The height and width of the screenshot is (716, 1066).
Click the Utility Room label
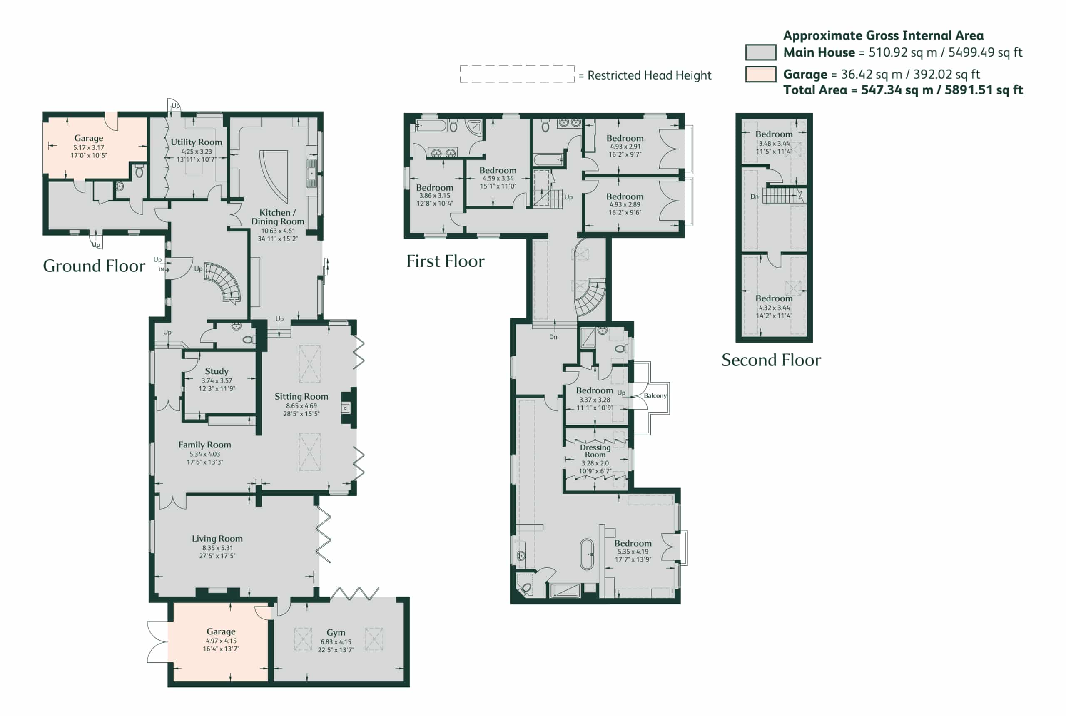(x=197, y=142)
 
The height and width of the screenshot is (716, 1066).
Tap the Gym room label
(x=336, y=633)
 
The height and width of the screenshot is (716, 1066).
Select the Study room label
(x=217, y=371)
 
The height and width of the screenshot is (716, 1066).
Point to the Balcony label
(x=655, y=395)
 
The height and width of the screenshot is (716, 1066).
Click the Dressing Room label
(x=595, y=451)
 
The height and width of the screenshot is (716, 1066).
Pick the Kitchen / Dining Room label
(x=278, y=217)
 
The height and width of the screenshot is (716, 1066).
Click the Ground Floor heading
(x=94, y=266)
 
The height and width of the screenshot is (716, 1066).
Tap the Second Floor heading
(x=771, y=360)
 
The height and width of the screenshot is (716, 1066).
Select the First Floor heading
(x=445, y=261)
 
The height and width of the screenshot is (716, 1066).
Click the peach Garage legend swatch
(x=760, y=74)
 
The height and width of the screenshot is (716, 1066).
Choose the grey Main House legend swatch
(x=760, y=52)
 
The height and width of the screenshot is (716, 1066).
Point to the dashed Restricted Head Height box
(x=517, y=74)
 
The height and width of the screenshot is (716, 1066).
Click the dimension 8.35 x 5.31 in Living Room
(x=217, y=548)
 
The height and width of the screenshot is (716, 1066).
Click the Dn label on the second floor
(x=755, y=197)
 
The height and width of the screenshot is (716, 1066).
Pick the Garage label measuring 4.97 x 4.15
(x=221, y=631)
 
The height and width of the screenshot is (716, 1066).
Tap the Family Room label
(x=204, y=445)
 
